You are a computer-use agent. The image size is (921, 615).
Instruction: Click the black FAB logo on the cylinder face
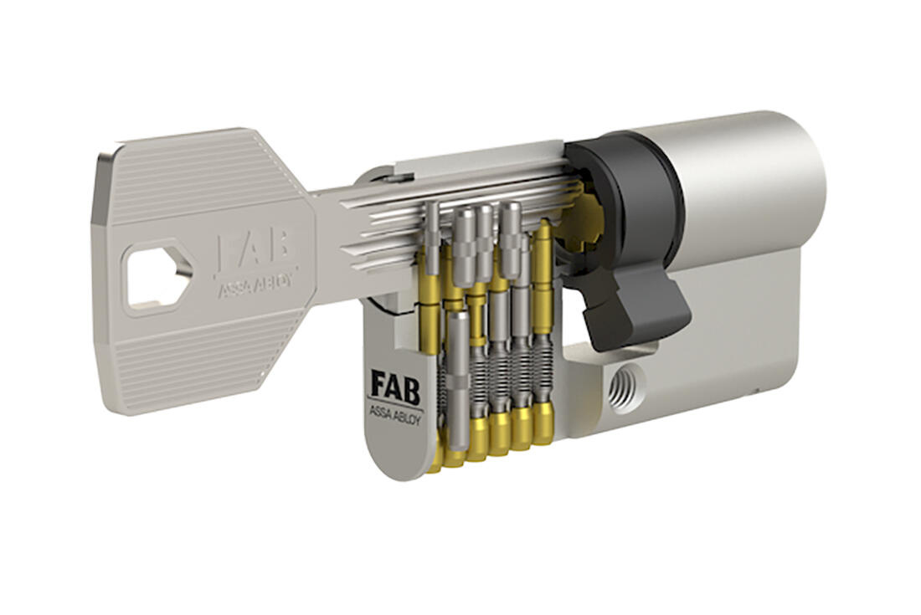(396, 387)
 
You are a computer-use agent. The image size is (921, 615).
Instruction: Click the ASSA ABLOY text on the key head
(256, 284)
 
